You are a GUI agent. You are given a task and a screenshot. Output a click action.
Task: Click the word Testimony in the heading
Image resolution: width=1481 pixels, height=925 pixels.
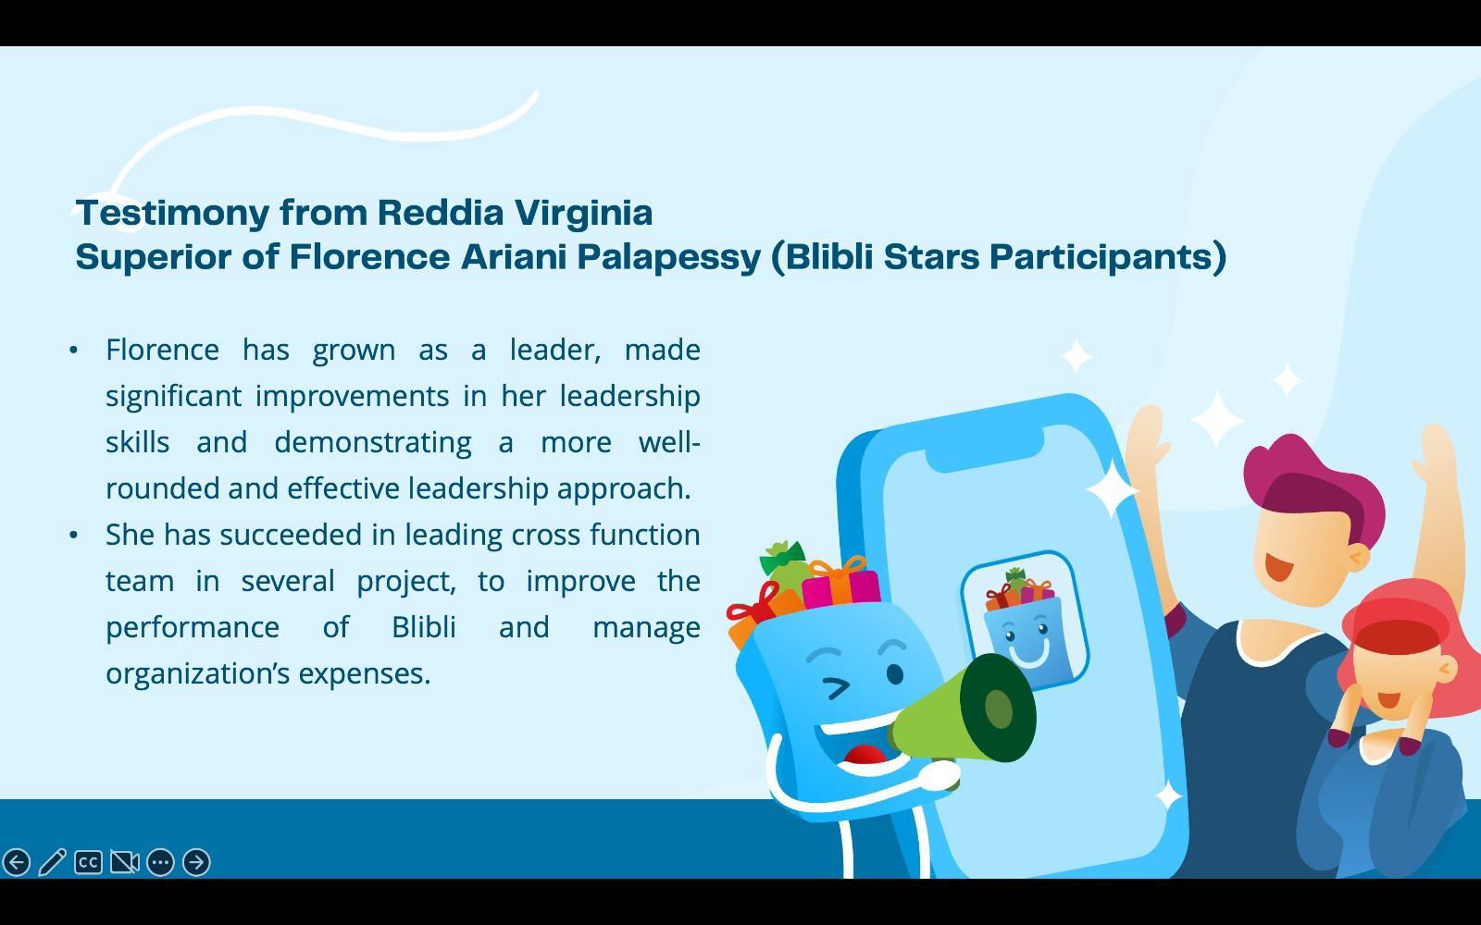point(172,214)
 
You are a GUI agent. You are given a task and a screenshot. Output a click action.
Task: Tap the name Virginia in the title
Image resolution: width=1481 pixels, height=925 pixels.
point(584,214)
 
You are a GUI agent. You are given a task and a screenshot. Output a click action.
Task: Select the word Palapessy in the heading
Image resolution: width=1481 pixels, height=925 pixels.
point(669,258)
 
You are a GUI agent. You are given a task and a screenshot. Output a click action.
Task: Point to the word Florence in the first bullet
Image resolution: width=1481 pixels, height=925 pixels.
point(162,350)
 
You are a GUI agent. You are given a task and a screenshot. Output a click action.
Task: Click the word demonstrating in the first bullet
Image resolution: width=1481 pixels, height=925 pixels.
point(373,443)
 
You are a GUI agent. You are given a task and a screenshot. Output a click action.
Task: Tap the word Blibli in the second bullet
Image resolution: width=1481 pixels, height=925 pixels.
point(424,627)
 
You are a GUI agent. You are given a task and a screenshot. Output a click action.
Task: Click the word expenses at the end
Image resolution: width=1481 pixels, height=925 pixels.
point(365,674)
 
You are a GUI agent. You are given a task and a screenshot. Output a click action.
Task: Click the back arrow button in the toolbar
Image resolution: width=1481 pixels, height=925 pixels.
point(17,862)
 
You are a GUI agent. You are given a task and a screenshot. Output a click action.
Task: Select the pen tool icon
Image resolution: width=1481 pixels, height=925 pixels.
point(52,862)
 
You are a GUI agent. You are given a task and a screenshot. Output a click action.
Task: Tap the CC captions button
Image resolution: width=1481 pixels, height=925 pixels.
point(88,862)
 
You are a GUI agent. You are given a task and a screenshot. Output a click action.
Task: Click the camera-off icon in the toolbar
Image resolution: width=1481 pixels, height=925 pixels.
point(124,862)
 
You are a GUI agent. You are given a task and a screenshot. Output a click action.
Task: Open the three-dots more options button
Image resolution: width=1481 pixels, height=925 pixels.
point(161,862)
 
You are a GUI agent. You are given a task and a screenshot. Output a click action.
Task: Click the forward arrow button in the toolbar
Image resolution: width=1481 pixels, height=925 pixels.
point(196,862)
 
